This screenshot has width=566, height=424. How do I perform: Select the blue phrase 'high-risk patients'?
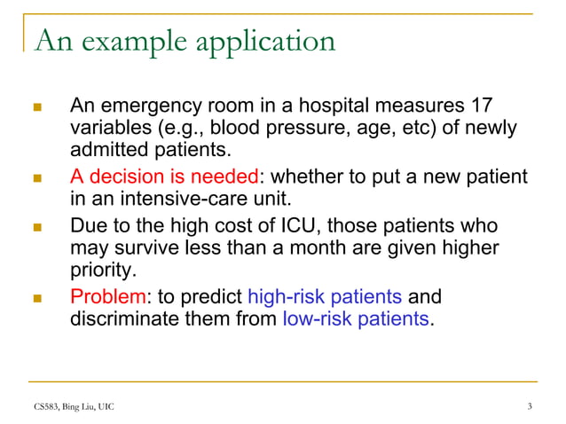(325, 295)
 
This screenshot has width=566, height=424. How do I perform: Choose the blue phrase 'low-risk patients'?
(355, 318)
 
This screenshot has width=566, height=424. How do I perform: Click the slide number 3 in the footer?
(529, 407)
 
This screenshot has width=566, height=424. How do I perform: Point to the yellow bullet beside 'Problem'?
(36, 296)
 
